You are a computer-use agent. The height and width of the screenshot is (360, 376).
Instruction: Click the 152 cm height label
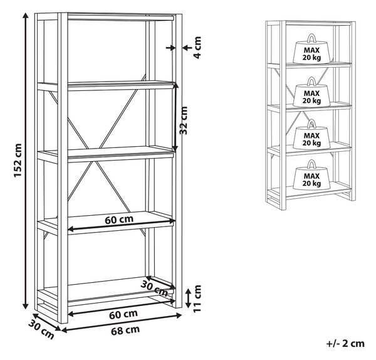click(18, 161)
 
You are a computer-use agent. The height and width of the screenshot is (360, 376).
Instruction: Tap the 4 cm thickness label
click(197, 47)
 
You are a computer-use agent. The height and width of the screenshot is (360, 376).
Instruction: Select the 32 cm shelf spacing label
click(184, 120)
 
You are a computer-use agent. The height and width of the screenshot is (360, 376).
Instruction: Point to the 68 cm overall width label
click(125, 331)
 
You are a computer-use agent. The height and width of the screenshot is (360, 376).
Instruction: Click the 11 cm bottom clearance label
click(197, 299)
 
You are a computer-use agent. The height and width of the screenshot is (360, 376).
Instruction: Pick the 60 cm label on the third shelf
click(119, 220)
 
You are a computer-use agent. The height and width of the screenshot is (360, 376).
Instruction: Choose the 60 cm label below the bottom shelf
click(123, 314)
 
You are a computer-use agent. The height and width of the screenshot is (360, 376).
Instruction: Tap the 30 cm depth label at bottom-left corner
click(41, 330)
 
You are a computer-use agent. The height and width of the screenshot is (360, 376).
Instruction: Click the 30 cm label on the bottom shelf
click(154, 289)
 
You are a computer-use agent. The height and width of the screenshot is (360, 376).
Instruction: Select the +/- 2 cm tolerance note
click(345, 344)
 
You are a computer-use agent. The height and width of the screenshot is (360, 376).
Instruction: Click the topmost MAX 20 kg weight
click(311, 49)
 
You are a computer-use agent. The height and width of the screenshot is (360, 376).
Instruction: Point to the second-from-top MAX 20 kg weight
click(311, 92)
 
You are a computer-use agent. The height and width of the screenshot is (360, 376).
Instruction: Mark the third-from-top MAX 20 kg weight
click(311, 134)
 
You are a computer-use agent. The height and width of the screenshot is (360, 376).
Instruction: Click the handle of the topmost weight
click(311, 38)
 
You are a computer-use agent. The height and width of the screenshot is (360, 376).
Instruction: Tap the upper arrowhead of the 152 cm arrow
click(26, 16)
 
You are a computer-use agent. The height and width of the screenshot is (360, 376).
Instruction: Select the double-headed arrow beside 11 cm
click(189, 299)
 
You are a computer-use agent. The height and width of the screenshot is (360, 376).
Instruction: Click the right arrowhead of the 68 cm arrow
click(178, 315)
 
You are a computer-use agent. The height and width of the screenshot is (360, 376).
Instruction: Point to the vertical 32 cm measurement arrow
click(175, 117)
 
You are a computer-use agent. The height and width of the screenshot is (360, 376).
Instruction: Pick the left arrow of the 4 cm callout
click(170, 48)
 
